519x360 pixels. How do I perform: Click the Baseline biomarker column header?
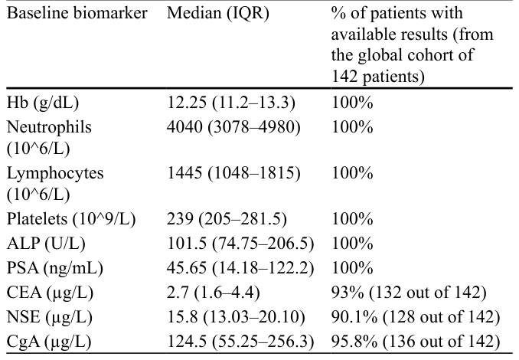point(77,14)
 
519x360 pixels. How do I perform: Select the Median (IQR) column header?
point(218,14)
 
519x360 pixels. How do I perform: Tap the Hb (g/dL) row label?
point(43,103)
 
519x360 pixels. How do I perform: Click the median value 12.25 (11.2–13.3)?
point(230,103)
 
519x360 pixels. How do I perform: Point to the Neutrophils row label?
point(49,137)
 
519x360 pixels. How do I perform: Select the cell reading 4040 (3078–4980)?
point(233,127)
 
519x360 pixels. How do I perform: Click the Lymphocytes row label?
point(55,183)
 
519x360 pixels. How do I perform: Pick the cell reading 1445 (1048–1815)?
point(233,173)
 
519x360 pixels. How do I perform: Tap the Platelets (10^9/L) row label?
point(71,219)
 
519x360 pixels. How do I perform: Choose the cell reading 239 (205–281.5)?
point(227,219)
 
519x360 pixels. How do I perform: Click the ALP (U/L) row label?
point(46,244)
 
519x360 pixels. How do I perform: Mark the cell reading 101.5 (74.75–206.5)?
point(240,244)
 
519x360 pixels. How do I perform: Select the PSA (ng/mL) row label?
point(55,268)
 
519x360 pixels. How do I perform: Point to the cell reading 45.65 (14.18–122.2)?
point(240,268)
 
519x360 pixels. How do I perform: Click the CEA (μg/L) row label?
point(50,293)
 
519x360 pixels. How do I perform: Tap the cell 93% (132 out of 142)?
point(409,293)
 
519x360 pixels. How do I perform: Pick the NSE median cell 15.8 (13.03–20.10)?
point(236,317)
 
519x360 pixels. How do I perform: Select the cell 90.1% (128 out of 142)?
point(416,317)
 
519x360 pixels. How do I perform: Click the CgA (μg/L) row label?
point(49,342)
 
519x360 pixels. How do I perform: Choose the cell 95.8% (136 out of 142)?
point(416,342)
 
